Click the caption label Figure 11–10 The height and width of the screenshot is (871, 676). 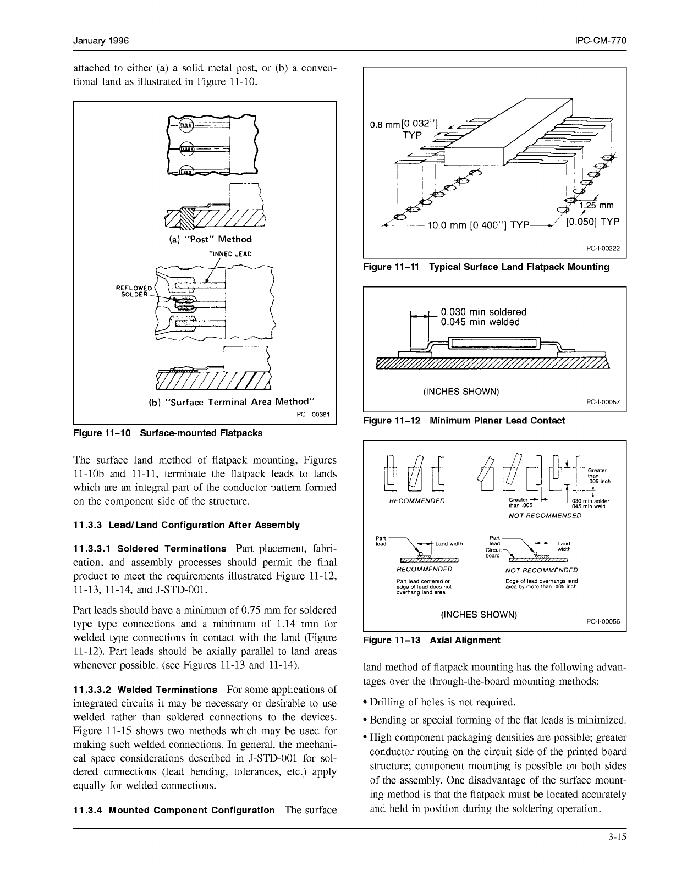102,433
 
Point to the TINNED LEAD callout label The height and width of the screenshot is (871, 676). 230,254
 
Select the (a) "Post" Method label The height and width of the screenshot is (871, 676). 210,239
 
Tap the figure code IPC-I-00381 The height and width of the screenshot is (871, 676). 312,415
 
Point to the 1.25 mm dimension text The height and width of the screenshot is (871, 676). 596,206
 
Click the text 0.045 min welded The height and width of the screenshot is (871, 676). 480,322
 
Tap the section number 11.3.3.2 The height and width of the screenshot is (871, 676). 91,690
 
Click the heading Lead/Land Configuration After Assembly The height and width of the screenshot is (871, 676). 204,525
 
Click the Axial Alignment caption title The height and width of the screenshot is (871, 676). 465,640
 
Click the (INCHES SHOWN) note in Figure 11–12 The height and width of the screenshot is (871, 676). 461,392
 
